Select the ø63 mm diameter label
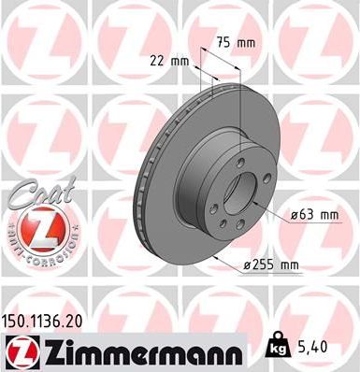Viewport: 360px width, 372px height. [x=313, y=215]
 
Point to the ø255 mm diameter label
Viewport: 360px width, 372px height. [x=271, y=265]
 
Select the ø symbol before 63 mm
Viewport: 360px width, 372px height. [x=295, y=215]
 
